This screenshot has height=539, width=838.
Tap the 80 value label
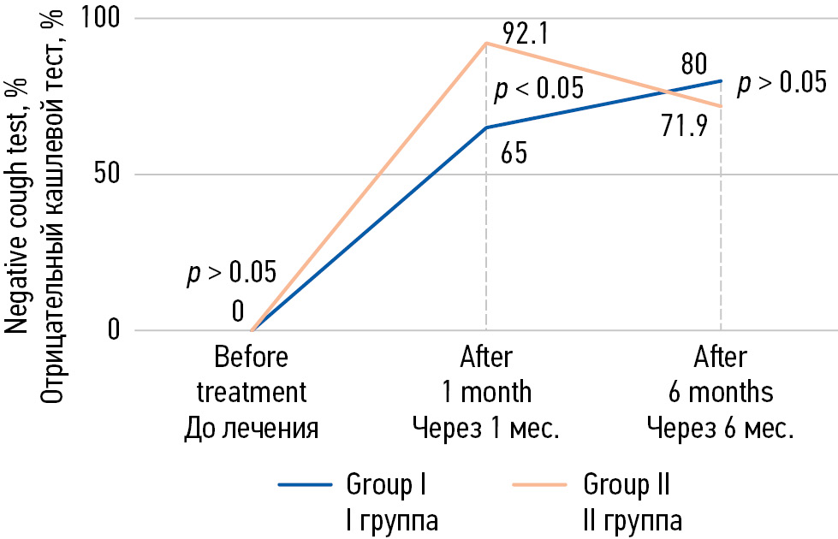point(693,64)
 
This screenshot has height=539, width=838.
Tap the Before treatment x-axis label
point(252,392)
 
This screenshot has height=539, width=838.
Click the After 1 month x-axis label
point(486,392)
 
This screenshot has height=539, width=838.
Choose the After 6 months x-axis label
point(721,392)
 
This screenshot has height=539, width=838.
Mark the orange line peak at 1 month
point(486,43)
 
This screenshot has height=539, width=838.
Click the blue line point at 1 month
point(486,127)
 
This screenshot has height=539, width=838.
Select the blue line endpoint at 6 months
point(722,80)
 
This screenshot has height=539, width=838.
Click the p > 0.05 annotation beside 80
point(782,82)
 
